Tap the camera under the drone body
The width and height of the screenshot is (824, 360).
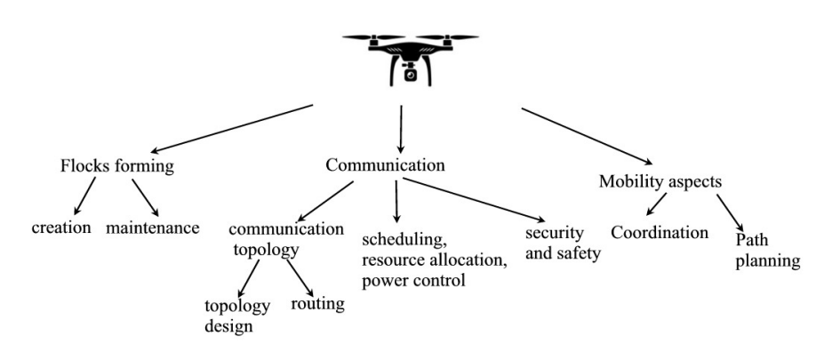tap(410, 75)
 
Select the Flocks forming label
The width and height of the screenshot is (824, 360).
tap(116, 166)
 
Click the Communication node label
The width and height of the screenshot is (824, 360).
tap(385, 165)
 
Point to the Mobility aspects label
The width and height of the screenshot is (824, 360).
tap(660, 180)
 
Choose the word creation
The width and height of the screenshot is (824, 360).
tap(61, 228)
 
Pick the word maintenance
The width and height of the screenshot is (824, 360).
tap(152, 228)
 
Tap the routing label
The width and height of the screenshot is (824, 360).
tap(318, 304)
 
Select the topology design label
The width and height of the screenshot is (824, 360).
tap(236, 316)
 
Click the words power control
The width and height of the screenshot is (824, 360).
tap(415, 282)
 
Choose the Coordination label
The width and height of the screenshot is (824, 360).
tap(660, 233)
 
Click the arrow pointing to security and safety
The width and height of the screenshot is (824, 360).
tap(471, 201)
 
